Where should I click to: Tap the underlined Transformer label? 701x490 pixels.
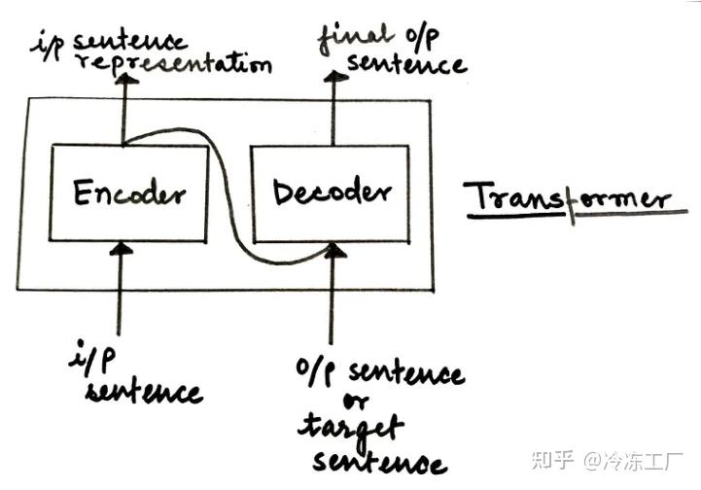567,198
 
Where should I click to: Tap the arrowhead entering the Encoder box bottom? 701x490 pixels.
121,250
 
